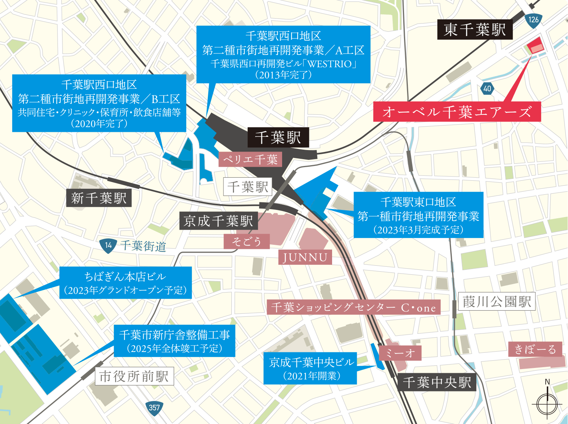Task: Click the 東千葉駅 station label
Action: click(475, 30)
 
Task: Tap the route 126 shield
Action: click(534, 20)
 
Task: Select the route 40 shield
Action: click(487, 89)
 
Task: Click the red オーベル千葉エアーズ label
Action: click(457, 112)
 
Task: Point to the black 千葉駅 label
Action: click(278, 137)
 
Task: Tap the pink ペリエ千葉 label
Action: click(250, 160)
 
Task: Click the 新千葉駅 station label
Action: click(99, 198)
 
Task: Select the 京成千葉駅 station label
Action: click(218, 221)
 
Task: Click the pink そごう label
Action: click(247, 241)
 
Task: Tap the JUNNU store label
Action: click(305, 257)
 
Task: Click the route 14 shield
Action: click(108, 246)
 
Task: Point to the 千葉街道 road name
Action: click(144, 246)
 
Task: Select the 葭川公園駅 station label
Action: click(497, 302)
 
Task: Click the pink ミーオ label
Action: click(400, 353)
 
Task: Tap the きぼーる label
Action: click(535, 349)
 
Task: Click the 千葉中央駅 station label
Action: click(437, 382)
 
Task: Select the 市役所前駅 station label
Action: click(134, 376)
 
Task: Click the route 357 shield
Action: click(154, 408)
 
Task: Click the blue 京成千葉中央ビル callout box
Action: click(311, 368)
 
